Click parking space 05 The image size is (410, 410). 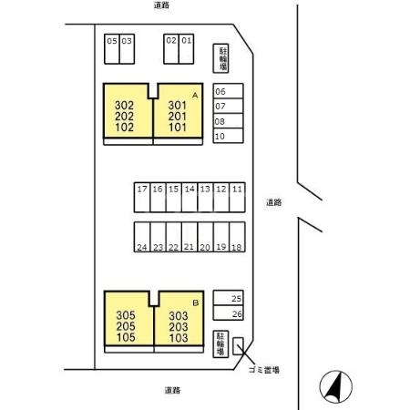coord(112,49)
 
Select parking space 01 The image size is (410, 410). coord(186,49)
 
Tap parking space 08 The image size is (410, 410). coord(228,121)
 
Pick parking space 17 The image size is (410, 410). coord(142,198)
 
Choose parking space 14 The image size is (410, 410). coord(190,198)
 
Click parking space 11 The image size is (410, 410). coord(237,198)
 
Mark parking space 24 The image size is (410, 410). coord(142,237)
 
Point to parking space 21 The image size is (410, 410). coord(190,237)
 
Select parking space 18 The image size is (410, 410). coord(237,237)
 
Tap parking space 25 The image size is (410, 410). coord(228,298)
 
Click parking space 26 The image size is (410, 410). coord(228,313)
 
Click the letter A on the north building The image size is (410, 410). coord(195,96)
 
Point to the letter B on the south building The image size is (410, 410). coord(196,302)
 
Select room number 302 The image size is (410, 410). coord(124,106)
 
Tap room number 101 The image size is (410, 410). coord(178,128)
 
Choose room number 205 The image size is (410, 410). coord(126,326)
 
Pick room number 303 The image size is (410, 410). coord(179,316)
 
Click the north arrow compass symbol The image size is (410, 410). coord(336,386)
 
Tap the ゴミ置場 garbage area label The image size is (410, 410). coord(264,370)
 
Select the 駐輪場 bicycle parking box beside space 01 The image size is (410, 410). coord(220,58)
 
